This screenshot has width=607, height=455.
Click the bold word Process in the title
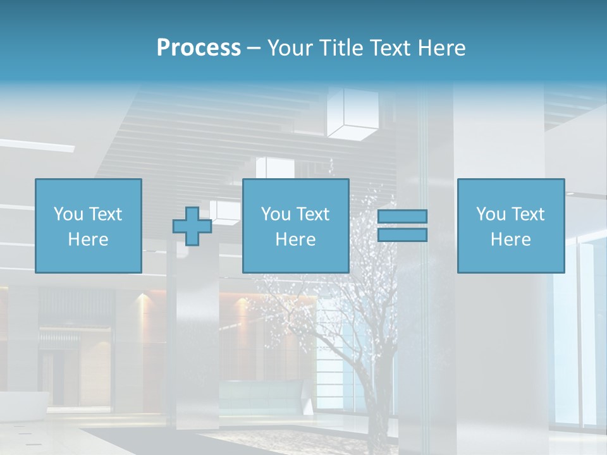(x=199, y=48)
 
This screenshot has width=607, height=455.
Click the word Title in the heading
(x=342, y=48)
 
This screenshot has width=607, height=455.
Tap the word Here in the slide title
(x=441, y=48)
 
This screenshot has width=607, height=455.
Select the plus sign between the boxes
(x=192, y=226)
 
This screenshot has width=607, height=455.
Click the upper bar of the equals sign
(x=402, y=217)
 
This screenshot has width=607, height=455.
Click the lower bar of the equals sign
(x=402, y=235)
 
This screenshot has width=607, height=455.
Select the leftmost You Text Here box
(x=88, y=226)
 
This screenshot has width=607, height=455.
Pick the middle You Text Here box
(x=295, y=226)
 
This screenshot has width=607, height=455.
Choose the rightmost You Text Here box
(x=510, y=226)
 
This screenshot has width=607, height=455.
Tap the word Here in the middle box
(x=295, y=240)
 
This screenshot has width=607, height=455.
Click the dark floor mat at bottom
(x=190, y=440)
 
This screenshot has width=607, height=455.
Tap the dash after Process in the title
(x=254, y=48)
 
